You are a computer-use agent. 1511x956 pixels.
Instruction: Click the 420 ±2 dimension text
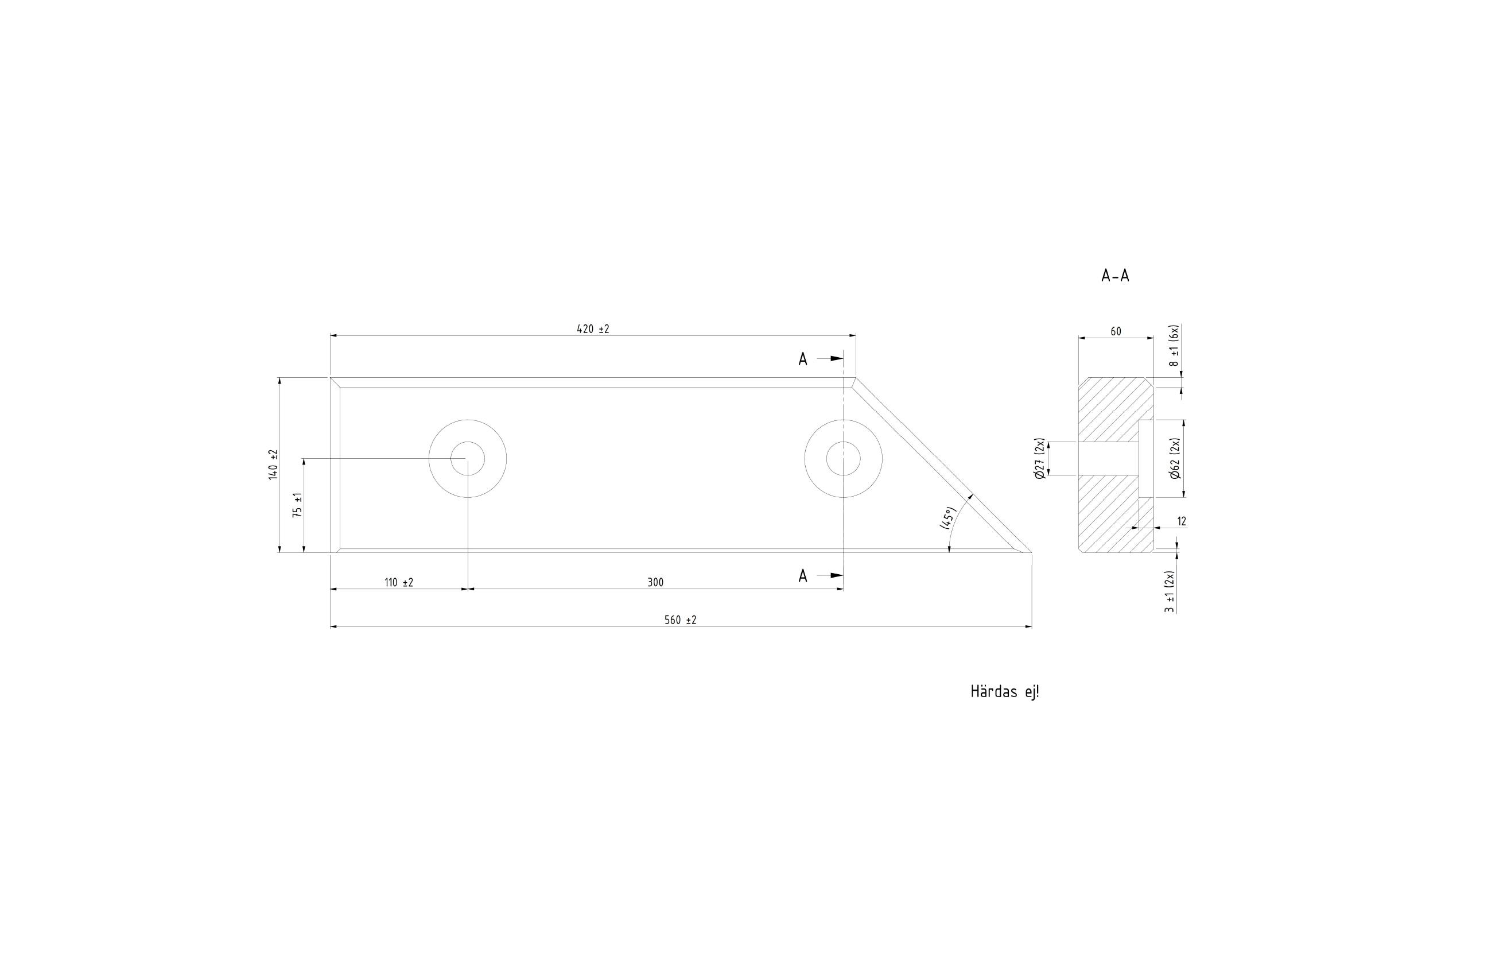(593, 329)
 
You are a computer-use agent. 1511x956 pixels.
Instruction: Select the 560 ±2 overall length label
(680, 620)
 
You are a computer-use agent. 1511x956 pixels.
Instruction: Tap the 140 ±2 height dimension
(273, 465)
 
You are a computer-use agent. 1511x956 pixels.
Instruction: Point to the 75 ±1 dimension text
(297, 505)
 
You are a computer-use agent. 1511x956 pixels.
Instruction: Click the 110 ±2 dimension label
(398, 583)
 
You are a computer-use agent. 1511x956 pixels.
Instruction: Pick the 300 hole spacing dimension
(655, 583)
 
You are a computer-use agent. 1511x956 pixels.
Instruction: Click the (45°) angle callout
(947, 518)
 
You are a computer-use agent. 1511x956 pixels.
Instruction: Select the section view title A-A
(1115, 276)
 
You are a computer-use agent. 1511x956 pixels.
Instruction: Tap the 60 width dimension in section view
(1116, 331)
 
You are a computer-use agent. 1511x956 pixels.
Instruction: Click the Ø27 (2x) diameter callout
(1039, 459)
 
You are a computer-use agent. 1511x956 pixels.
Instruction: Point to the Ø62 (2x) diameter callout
(1175, 458)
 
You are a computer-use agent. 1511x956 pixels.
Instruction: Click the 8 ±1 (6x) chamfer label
(1174, 346)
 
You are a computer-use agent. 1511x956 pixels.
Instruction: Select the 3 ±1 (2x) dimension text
(1169, 591)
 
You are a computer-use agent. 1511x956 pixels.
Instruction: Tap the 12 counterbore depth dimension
(1182, 521)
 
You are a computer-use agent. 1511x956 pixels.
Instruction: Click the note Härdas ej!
(1005, 692)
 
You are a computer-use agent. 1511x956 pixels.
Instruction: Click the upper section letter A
(803, 359)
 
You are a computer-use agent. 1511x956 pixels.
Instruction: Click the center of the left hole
(468, 459)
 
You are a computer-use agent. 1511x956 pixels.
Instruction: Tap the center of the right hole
(844, 459)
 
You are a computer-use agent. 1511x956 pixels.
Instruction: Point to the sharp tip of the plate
(1031, 553)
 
